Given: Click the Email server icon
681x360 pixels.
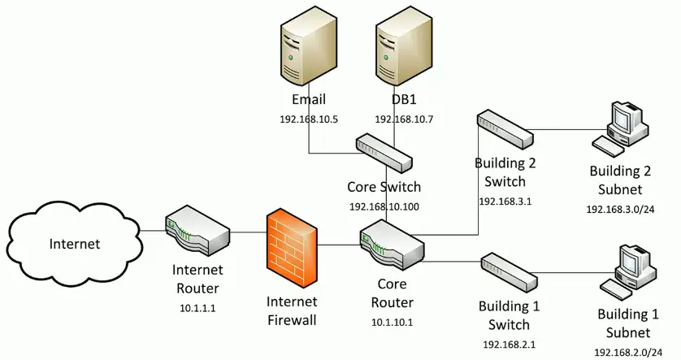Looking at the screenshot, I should [x=307, y=49].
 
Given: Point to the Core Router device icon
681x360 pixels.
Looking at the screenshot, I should [x=392, y=245].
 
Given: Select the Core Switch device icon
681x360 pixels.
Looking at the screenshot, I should [x=384, y=151].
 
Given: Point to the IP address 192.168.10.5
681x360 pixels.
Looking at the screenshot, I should [x=308, y=119].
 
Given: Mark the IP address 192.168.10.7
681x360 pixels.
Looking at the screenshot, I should [x=404, y=119].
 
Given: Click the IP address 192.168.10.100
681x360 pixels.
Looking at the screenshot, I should [x=384, y=206].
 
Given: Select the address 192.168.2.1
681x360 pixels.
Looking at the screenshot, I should [x=508, y=345].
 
